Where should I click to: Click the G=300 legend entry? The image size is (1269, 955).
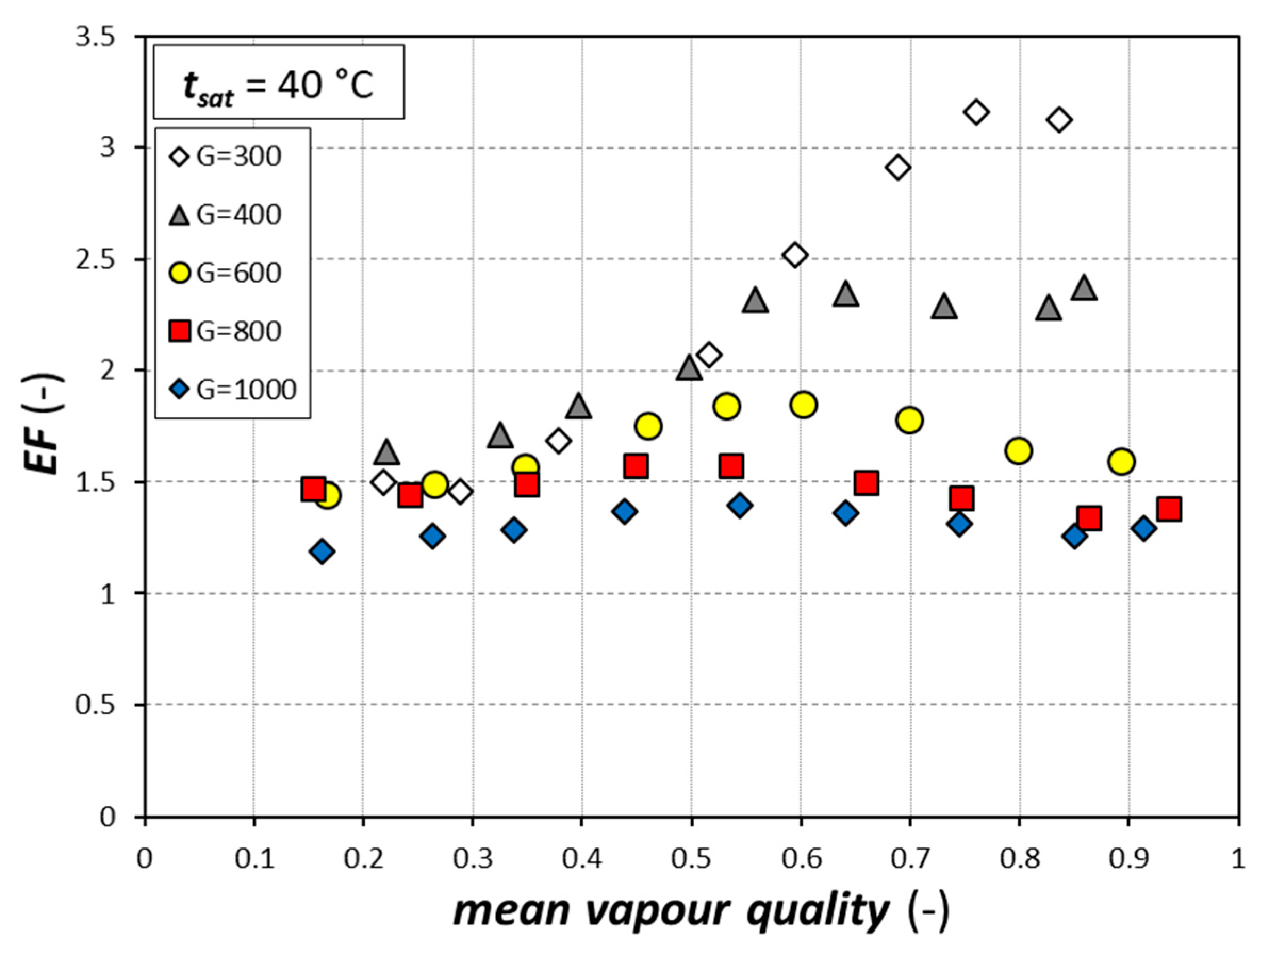(227, 157)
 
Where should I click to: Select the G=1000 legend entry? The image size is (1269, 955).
(234, 390)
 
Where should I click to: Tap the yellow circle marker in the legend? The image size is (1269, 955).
(179, 274)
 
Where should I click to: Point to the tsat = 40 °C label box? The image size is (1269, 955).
(279, 83)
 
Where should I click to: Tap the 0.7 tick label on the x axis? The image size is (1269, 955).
(910, 859)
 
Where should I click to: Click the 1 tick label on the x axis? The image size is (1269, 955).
(1238, 859)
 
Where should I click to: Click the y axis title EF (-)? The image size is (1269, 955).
(44, 424)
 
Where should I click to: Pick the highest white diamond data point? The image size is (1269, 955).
(976, 112)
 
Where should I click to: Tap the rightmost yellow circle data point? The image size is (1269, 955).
(1122, 461)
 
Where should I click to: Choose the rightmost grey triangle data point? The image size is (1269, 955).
(1084, 289)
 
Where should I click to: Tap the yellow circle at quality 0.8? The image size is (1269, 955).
(1019, 451)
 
